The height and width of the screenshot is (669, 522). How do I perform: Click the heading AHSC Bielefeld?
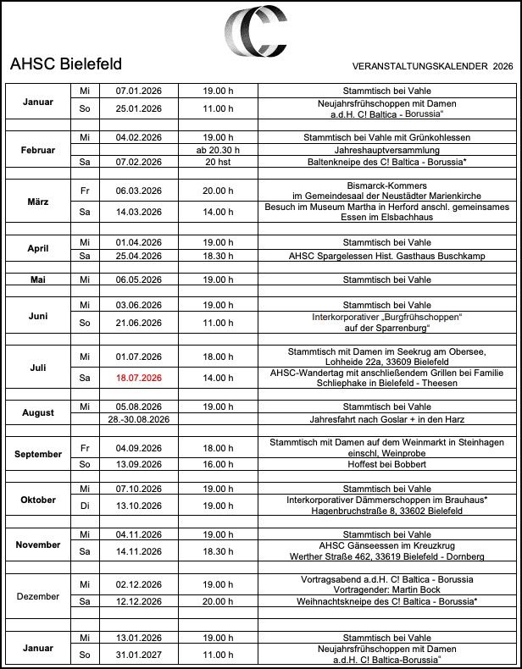[x=66, y=64]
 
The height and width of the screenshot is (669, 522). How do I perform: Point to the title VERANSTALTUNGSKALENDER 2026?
[x=432, y=65]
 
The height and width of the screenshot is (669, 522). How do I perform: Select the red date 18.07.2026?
[x=139, y=378]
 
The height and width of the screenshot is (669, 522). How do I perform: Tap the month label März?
[x=38, y=202]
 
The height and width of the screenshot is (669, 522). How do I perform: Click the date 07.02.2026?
[x=139, y=162]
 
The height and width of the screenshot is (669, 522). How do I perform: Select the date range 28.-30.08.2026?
[x=139, y=419]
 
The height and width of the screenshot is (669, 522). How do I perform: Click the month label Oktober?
[x=38, y=500]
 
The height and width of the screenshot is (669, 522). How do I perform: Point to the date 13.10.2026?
[x=139, y=506]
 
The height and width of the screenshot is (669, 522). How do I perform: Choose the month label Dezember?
[x=38, y=596]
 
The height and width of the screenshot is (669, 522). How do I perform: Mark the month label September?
[x=38, y=454]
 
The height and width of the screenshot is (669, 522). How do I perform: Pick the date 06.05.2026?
[x=139, y=279]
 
